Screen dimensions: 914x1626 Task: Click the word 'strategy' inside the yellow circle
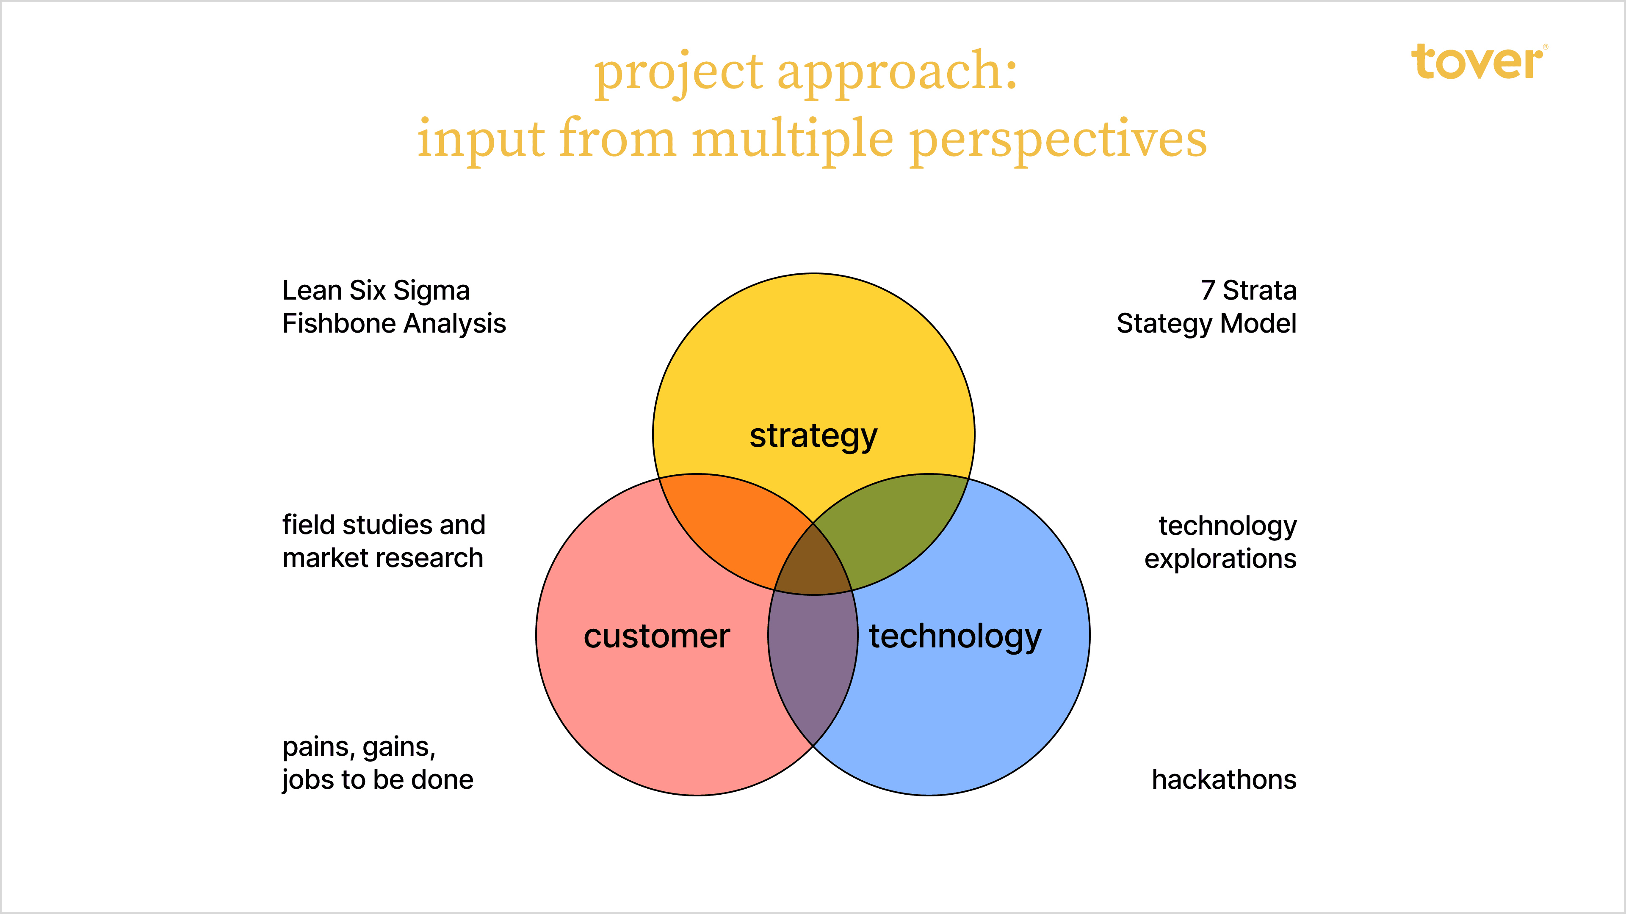click(x=813, y=436)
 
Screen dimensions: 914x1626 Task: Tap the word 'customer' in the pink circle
click(x=656, y=636)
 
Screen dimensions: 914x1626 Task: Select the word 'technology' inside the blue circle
click(x=955, y=636)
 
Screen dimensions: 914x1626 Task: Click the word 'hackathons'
click(x=1223, y=779)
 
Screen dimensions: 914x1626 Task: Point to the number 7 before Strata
click(x=1208, y=291)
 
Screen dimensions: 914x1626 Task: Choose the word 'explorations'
click(x=1220, y=559)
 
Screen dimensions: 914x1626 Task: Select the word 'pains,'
click(x=319, y=747)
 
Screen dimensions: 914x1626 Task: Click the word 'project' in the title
click(x=678, y=72)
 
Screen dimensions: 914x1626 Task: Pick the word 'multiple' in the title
click(x=793, y=140)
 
